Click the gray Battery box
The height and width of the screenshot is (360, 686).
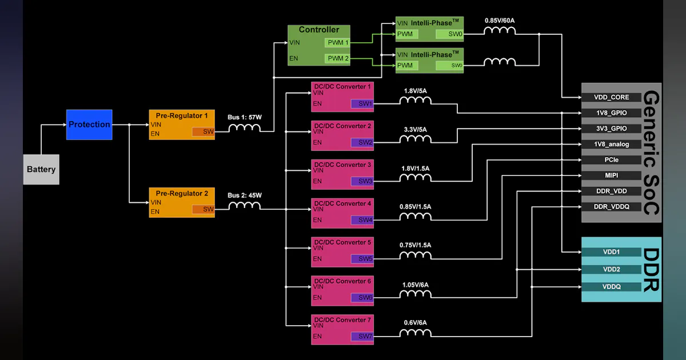pos(41,169)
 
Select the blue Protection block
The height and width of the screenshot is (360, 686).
pos(89,125)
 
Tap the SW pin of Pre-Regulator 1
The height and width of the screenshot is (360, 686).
pos(203,132)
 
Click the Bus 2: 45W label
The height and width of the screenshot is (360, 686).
pos(245,195)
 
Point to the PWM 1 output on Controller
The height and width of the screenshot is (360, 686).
pos(338,43)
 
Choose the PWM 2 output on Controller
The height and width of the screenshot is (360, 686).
pos(338,59)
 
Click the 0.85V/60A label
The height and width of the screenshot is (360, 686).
pos(500,21)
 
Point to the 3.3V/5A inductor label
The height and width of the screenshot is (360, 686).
pos(416,129)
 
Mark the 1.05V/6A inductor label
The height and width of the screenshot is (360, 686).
pos(415,285)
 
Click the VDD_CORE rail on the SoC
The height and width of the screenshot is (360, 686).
pos(611,98)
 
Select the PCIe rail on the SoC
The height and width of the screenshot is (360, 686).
pos(611,160)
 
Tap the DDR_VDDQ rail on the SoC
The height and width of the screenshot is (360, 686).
pos(611,207)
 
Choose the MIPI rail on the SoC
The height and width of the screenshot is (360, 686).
pos(611,175)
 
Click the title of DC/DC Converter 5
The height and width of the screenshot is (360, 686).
pos(342,242)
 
